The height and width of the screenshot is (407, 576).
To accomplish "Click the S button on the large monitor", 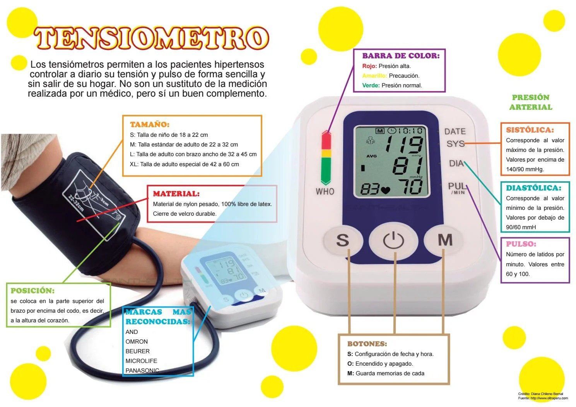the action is [x=343, y=240].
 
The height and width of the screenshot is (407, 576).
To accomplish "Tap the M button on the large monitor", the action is [x=444, y=240].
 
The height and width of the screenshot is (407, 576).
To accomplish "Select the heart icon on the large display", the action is [x=385, y=190].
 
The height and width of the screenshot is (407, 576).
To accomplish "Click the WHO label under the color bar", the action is [x=325, y=191].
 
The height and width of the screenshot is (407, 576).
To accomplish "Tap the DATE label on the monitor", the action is [x=455, y=131].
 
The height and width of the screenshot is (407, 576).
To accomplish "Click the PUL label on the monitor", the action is [x=457, y=186].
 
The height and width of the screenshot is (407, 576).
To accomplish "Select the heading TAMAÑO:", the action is [x=150, y=124].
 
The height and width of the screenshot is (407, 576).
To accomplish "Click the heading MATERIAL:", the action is [x=176, y=194].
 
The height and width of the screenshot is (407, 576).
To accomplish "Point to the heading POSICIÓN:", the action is [x=32, y=291].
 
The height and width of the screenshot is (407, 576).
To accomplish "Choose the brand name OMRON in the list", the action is [x=137, y=341].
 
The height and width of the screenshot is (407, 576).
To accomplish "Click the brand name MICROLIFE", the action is [x=141, y=361].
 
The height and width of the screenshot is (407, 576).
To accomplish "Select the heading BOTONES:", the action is [x=367, y=344].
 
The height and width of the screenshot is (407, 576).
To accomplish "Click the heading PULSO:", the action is [x=521, y=244].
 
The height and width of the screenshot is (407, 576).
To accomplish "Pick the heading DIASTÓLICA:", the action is [x=533, y=188].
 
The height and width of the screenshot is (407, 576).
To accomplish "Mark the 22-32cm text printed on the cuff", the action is [x=76, y=203].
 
